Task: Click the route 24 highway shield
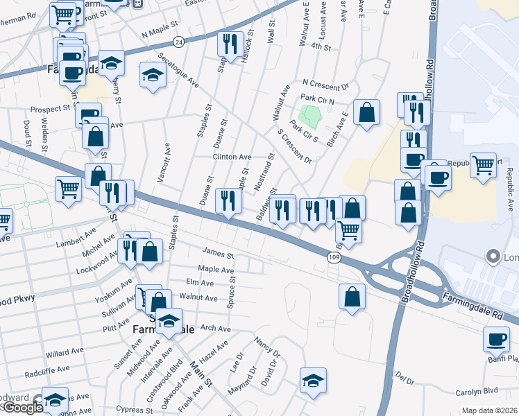(178, 42)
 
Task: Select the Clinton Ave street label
(232, 157)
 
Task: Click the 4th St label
(321, 46)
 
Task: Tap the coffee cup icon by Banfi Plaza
(496, 339)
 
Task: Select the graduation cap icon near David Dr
(314, 380)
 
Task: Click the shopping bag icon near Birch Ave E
(366, 112)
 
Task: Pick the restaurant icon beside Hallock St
(229, 44)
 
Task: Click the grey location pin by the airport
(493, 257)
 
